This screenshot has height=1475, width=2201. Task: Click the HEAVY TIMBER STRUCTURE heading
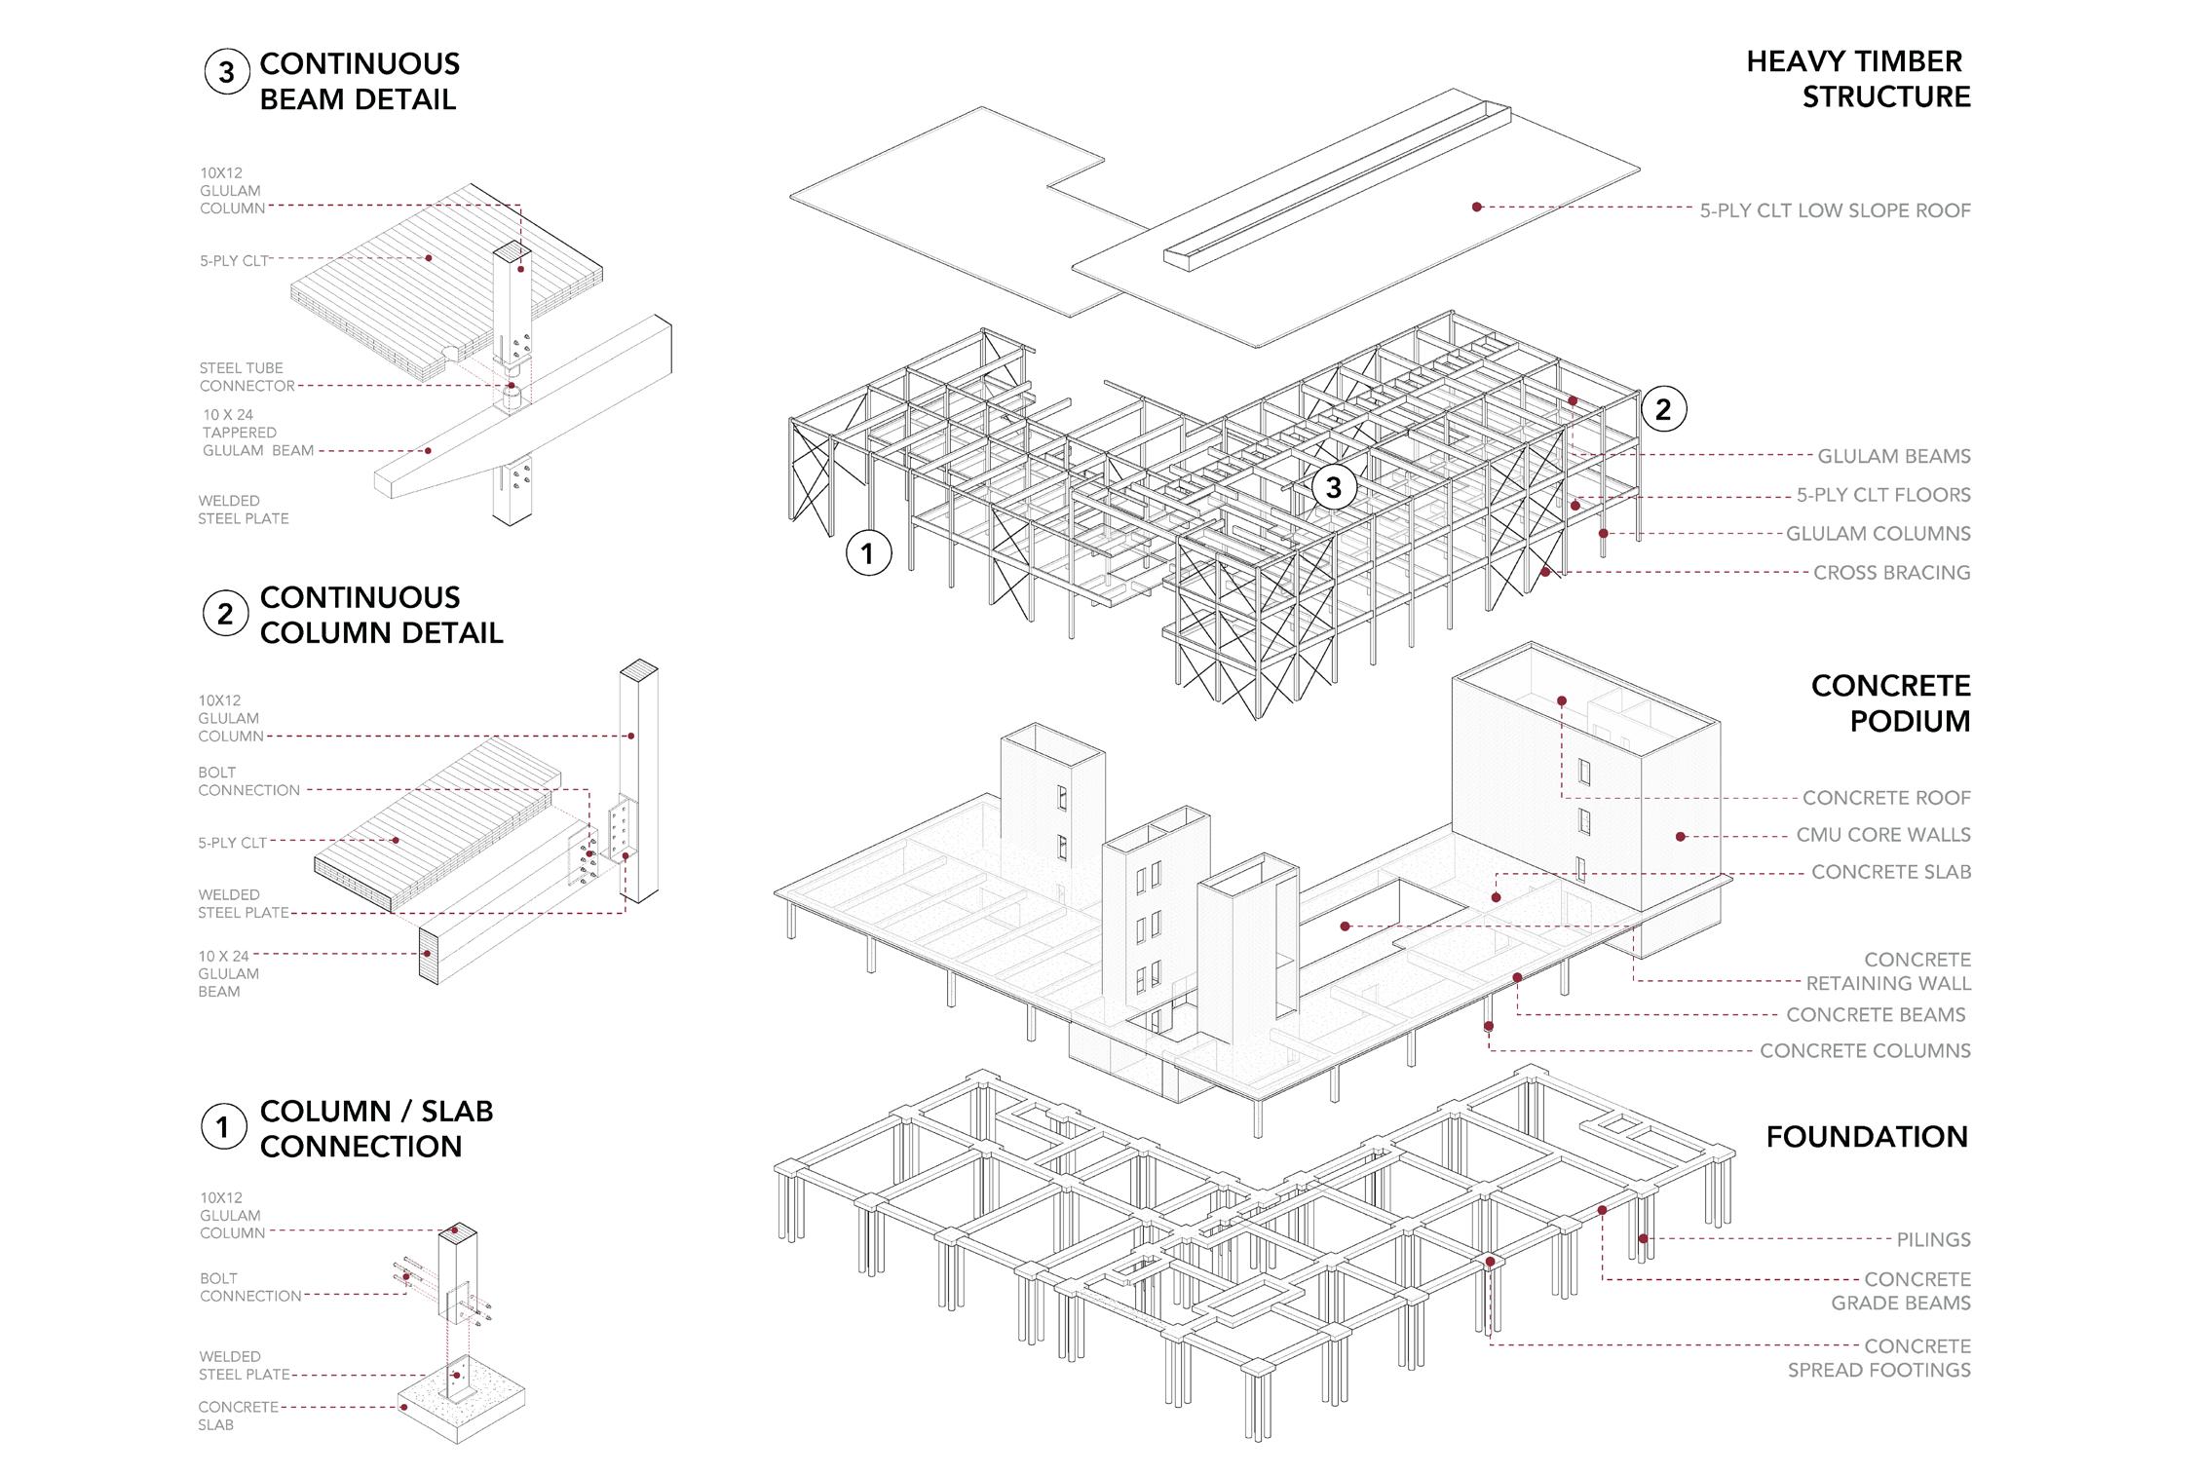[x=1858, y=79]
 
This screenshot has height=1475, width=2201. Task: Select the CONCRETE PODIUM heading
[x=1890, y=703]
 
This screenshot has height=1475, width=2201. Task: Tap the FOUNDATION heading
[x=1867, y=1137]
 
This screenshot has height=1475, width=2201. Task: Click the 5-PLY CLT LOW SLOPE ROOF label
[x=1835, y=210]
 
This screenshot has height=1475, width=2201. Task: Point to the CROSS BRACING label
[x=1891, y=573]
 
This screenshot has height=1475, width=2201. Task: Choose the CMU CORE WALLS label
[x=1882, y=835]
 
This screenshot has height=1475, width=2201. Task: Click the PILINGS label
[x=1933, y=1240]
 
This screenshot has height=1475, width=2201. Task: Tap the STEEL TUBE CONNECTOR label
[x=247, y=377]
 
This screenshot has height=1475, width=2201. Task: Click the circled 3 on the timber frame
[x=1333, y=487]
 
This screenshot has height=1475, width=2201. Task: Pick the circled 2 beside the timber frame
[x=1662, y=409]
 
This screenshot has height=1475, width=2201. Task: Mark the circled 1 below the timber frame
[x=867, y=553]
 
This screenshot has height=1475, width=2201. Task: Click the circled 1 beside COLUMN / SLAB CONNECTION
[x=223, y=1127]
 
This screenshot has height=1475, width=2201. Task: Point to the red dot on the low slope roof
[x=1477, y=207]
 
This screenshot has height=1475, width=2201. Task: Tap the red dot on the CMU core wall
[x=1680, y=836]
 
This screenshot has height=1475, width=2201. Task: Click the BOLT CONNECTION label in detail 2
[x=248, y=781]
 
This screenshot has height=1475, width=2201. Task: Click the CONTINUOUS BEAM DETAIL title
[x=359, y=82]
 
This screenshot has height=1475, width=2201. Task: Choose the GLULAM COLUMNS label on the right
[x=1878, y=534]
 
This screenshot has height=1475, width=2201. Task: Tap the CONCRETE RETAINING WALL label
[x=1888, y=971]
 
